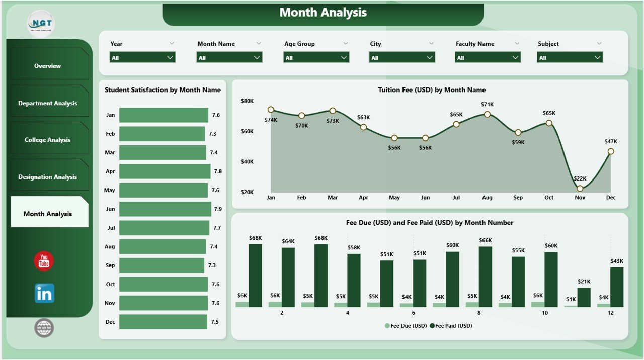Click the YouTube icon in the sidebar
point(44,261)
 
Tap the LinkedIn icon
point(44,293)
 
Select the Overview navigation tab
point(48,66)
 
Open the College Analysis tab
point(48,140)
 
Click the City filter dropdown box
point(402,58)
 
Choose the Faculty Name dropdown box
point(488,58)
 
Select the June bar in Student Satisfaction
point(165,209)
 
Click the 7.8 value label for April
point(218,171)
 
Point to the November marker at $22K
point(580,189)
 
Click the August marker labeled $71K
point(487,114)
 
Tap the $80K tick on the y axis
point(247,101)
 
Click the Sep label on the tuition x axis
point(518,198)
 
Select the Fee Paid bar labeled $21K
point(584,297)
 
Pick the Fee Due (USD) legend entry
point(406,326)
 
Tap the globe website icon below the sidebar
point(44,328)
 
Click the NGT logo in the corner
point(41,23)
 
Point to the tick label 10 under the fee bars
point(545,313)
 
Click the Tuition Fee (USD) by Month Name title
point(432,90)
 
